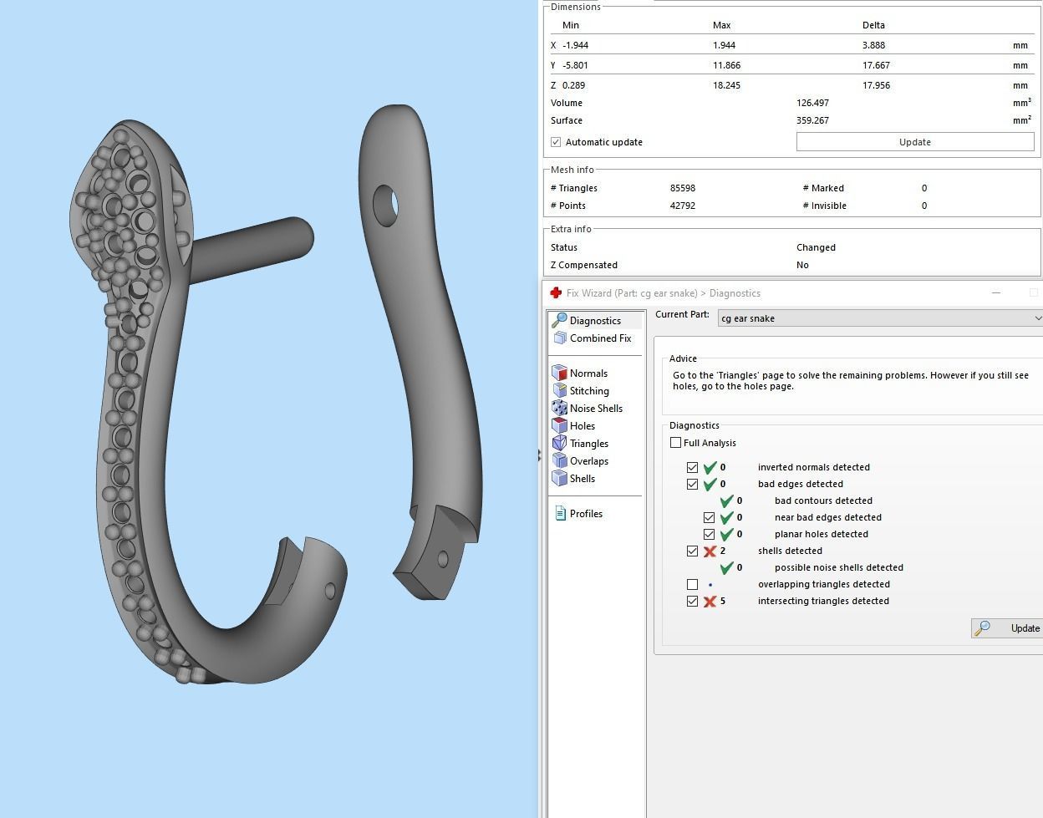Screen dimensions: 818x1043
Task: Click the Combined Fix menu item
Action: pyautogui.click(x=599, y=338)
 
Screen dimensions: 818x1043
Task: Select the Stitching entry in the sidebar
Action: pyautogui.click(x=588, y=391)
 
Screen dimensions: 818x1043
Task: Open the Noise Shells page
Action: pyautogui.click(x=595, y=409)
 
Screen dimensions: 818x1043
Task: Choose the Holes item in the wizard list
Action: pyautogui.click(x=582, y=426)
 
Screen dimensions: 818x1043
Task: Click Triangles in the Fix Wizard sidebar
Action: pyautogui.click(x=588, y=444)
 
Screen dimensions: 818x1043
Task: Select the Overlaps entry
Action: pyautogui.click(x=588, y=461)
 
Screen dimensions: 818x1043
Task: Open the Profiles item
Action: pyautogui.click(x=585, y=514)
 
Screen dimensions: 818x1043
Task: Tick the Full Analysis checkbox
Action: pyautogui.click(x=675, y=443)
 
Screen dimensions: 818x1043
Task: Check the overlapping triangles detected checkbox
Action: pyautogui.click(x=692, y=584)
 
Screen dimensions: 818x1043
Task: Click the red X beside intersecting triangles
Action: pyautogui.click(x=710, y=602)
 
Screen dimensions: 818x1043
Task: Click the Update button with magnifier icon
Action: pyautogui.click(x=1008, y=628)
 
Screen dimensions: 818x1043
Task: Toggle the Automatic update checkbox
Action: pyautogui.click(x=556, y=142)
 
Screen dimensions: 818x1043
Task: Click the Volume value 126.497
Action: pyautogui.click(x=812, y=103)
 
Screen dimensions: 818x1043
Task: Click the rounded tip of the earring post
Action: pyautogui.click(x=303, y=236)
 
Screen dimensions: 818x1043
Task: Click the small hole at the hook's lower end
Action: pyautogui.click(x=330, y=591)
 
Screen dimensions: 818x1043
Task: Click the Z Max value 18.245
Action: pyautogui.click(x=725, y=85)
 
